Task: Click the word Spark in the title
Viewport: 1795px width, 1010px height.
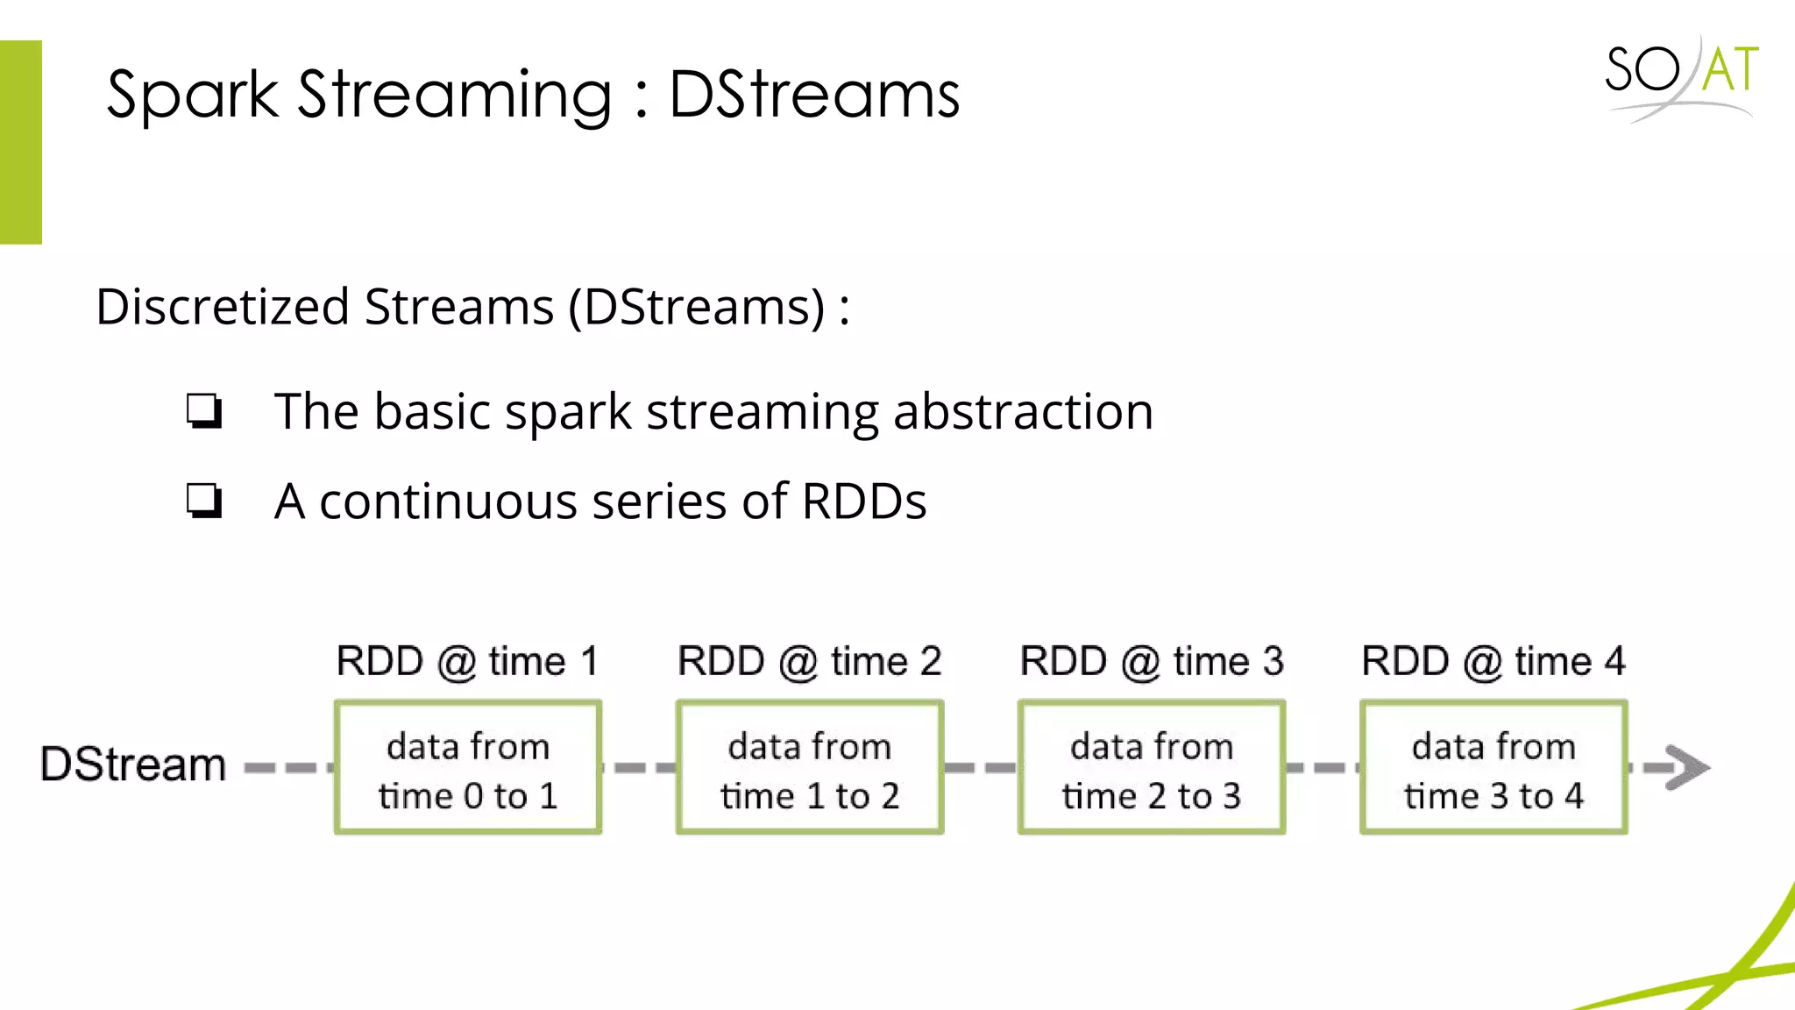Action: click(192, 95)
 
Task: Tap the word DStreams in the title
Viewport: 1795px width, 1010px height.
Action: click(814, 95)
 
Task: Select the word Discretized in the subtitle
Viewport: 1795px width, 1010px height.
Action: click(223, 308)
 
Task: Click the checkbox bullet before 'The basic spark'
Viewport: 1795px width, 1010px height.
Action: click(204, 410)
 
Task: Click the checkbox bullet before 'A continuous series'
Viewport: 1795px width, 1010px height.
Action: click(204, 501)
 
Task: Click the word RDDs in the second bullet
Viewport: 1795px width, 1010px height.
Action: click(864, 501)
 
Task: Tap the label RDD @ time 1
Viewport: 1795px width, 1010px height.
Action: click(467, 661)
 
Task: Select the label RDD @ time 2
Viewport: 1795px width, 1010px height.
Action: click(809, 661)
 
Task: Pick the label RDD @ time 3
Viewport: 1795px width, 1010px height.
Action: click(1151, 661)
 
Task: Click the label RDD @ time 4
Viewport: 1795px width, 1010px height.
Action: click(1493, 661)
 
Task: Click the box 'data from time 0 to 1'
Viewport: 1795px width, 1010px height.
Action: click(468, 768)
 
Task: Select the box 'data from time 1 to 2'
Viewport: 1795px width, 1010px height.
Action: click(810, 768)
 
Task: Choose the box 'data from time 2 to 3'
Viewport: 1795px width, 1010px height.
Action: click(1152, 768)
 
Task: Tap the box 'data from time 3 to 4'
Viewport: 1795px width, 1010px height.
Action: click(1493, 768)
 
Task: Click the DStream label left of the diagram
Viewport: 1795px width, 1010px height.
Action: click(133, 765)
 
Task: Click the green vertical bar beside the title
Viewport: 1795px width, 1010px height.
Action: click(20, 142)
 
